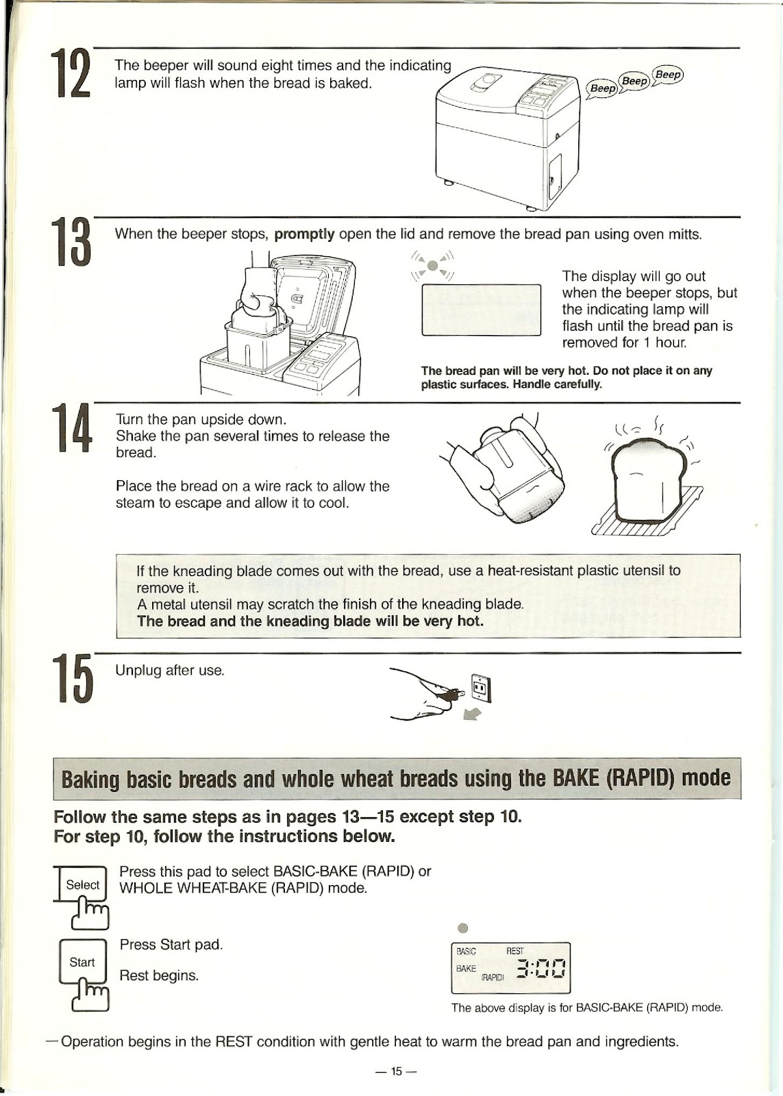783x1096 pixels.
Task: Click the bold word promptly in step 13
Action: (x=304, y=234)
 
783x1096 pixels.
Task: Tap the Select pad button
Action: (x=82, y=885)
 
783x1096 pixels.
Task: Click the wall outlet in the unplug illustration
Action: (x=480, y=688)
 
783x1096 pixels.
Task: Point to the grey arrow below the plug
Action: (x=473, y=714)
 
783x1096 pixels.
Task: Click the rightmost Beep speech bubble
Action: (x=668, y=75)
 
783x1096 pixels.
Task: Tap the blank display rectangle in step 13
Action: (x=481, y=310)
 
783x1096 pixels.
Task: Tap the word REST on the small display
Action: (x=514, y=951)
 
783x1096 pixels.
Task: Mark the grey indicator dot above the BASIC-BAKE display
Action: (x=462, y=928)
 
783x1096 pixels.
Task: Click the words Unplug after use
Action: (x=170, y=671)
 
